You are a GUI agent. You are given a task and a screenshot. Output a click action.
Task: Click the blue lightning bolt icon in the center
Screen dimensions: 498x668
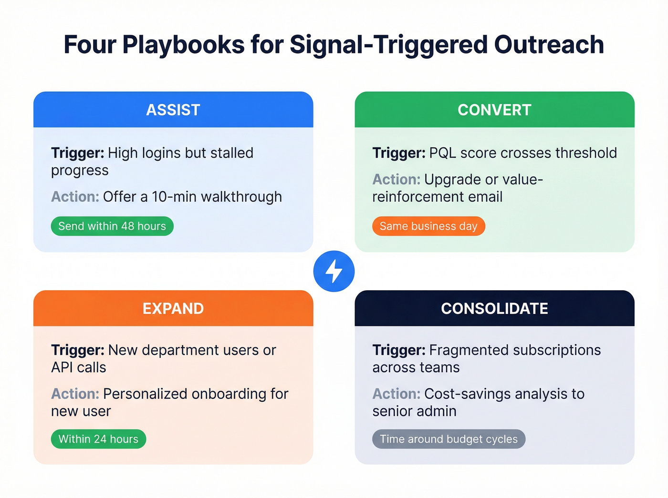click(x=334, y=271)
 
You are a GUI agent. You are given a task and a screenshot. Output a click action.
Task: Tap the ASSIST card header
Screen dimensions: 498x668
click(x=173, y=110)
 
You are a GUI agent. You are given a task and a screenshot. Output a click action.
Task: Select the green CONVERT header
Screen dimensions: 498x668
click(x=494, y=110)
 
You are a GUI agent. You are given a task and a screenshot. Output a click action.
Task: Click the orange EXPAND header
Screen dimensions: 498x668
click(x=173, y=308)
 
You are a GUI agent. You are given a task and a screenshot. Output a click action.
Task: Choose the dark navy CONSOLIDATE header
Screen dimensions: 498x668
click(x=494, y=308)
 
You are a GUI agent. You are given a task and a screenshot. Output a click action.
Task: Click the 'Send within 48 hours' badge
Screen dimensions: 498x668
click(x=112, y=226)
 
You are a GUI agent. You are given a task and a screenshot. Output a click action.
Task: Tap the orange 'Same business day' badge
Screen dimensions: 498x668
click(x=428, y=226)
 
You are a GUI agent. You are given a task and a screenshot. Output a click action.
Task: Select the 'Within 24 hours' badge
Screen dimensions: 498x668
click(x=98, y=439)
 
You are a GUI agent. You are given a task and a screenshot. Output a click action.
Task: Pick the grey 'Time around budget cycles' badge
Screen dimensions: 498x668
click(x=449, y=439)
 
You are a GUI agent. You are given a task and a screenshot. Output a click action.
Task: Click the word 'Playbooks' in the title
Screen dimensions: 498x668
click(x=184, y=45)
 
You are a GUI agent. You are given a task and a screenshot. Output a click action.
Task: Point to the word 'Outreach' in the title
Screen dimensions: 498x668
click(x=549, y=45)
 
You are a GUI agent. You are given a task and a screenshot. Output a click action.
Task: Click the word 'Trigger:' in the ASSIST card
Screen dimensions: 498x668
click(x=77, y=153)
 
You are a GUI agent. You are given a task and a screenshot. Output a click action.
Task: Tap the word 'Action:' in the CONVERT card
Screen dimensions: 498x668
click(x=396, y=180)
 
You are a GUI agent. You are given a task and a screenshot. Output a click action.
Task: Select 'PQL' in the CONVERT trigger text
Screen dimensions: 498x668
click(x=442, y=153)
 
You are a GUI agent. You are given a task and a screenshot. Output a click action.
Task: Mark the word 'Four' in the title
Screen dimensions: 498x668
click(x=90, y=45)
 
